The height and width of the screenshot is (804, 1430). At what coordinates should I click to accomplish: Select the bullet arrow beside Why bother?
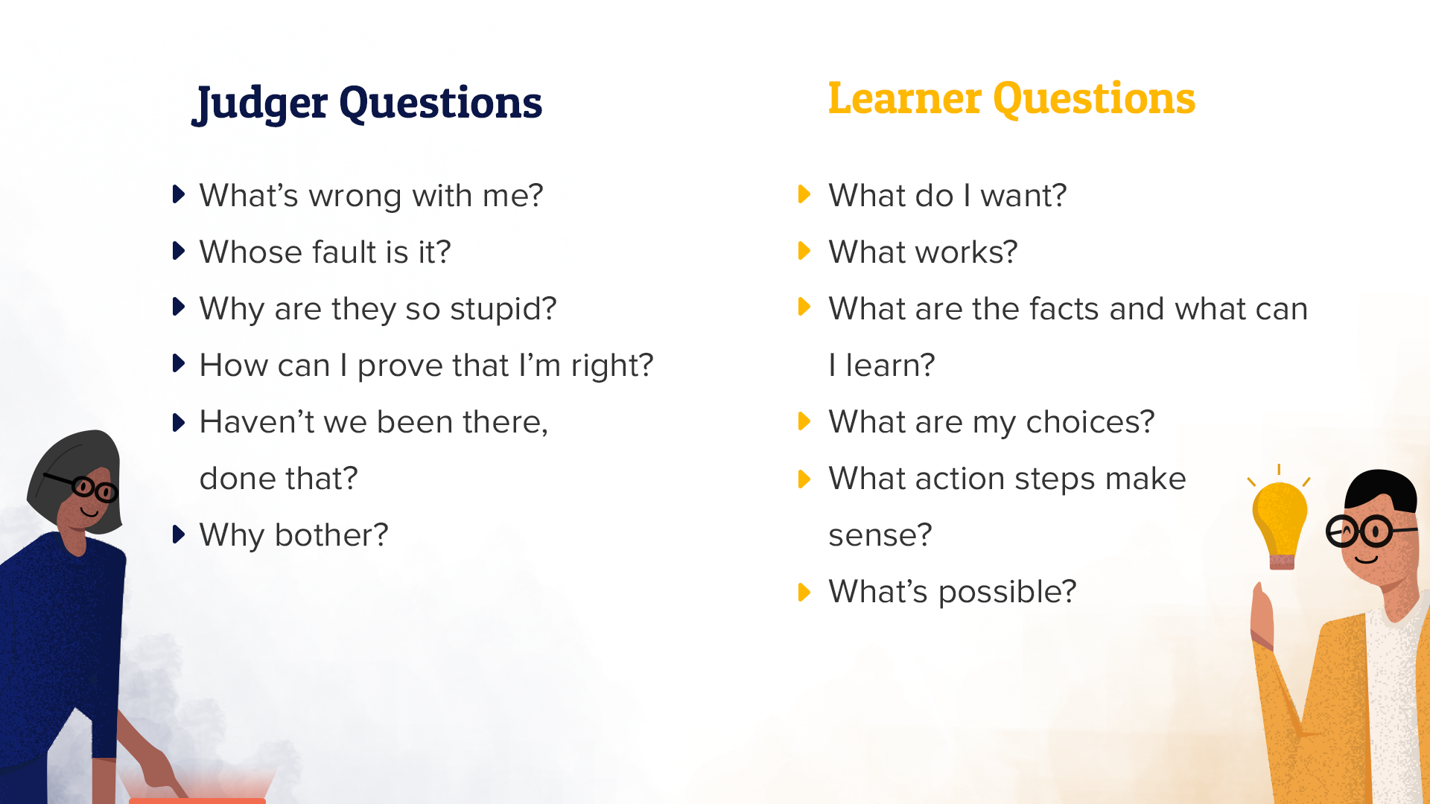[178, 535]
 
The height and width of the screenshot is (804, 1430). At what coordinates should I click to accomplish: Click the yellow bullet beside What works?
[804, 251]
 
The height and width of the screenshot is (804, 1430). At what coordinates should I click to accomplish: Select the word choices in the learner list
[1090, 422]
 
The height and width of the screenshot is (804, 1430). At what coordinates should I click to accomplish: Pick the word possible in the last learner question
[1007, 593]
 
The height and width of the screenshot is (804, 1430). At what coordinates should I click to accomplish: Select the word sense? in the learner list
[880, 535]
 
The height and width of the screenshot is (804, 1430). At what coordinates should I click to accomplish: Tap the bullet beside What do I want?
[804, 194]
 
